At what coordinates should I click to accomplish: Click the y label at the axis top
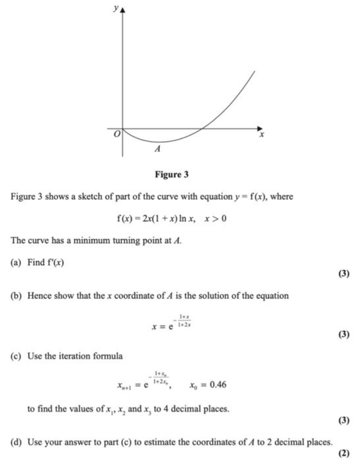(x=115, y=9)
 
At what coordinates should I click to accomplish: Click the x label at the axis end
(x=261, y=135)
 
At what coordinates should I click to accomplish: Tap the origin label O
(x=115, y=134)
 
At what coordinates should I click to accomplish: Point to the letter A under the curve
(x=157, y=150)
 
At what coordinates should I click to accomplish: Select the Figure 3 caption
(x=171, y=175)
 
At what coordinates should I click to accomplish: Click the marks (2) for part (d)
(x=343, y=453)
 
